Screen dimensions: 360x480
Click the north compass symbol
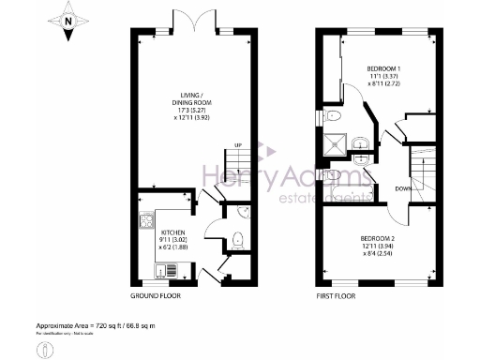68,23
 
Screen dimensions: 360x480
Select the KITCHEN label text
173,232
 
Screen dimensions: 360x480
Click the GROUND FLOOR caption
155,295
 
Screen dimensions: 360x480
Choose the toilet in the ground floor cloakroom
237,239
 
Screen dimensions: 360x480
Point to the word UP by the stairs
237,145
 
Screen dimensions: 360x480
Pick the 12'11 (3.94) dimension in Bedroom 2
380,248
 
